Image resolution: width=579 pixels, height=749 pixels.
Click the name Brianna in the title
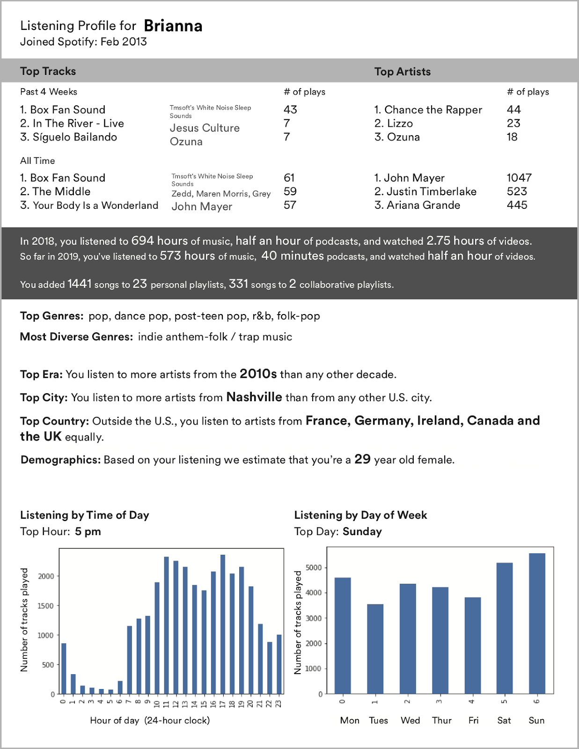173,26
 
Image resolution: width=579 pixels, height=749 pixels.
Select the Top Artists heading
402,72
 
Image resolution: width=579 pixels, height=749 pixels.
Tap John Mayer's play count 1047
519,178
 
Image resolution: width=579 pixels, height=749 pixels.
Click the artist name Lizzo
400,124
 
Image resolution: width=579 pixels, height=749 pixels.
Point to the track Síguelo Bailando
74,137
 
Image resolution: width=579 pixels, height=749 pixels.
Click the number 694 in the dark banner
142,241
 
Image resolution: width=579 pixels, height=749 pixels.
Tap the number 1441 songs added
79,284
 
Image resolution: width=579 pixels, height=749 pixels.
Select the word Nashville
254,397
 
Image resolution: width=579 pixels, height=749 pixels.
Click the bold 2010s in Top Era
258,374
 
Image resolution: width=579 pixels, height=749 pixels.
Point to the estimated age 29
362,459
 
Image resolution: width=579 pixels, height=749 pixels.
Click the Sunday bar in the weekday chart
537,623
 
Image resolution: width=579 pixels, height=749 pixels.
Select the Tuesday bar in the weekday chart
375,649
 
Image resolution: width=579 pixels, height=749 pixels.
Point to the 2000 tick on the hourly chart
46,576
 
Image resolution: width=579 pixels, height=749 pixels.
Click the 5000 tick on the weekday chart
313,568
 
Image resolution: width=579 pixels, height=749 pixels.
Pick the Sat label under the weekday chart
504,720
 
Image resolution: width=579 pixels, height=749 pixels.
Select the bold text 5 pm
88,532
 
